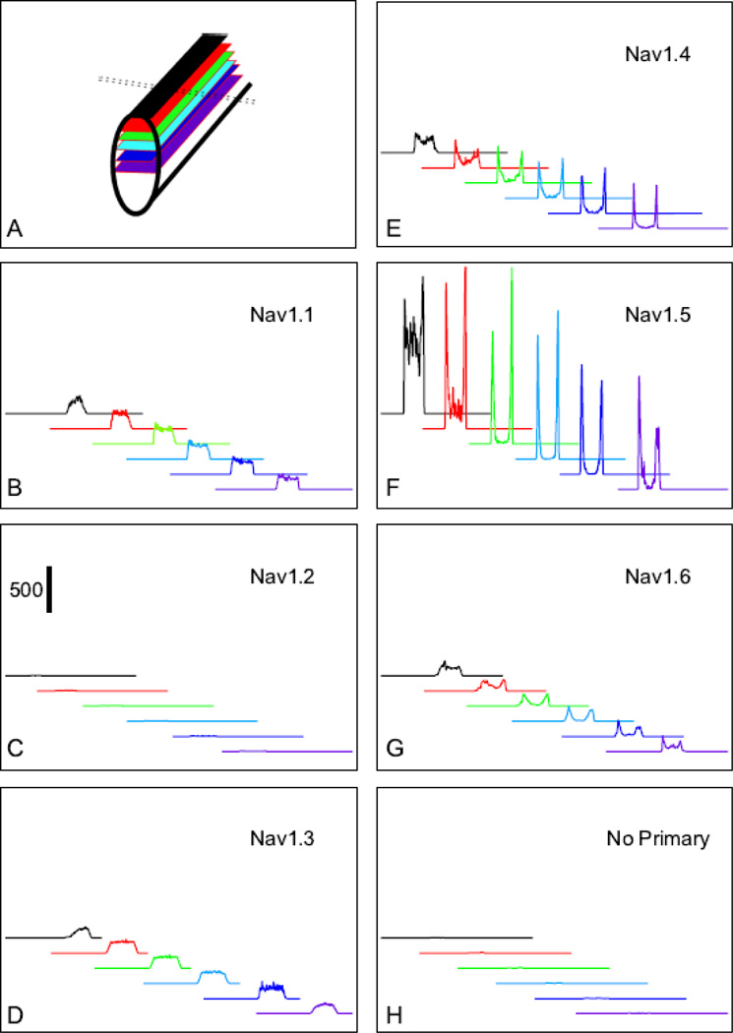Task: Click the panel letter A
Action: (15, 229)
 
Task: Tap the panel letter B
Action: (15, 489)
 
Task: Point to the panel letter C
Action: (15, 751)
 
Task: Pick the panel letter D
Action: (15, 1012)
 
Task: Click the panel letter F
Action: (393, 489)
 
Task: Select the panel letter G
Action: (393, 751)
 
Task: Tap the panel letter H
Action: (393, 1012)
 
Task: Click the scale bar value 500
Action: (25, 590)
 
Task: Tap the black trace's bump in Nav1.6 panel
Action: (448, 667)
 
